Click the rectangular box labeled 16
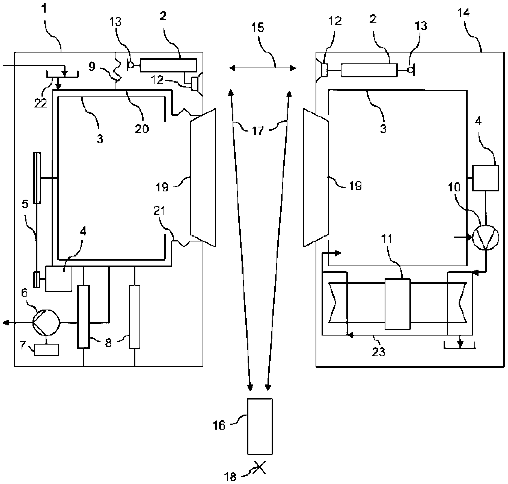[x=260, y=427]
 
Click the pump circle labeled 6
[x=46, y=323]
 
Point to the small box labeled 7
[x=46, y=350]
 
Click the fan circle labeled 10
[x=485, y=237]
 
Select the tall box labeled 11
[x=397, y=304]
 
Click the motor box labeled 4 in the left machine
[x=58, y=279]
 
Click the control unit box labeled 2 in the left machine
[x=168, y=65]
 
